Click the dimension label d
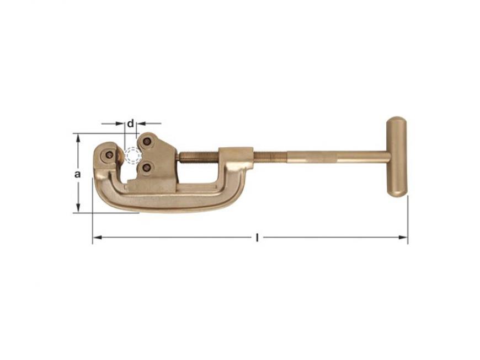coord(131,124)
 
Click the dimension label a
coord(78,174)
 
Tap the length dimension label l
coord(257,238)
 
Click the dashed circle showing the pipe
coord(133,155)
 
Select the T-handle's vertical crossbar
coord(397,157)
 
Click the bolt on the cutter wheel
coord(109,155)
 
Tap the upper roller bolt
coord(147,141)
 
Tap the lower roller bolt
coord(147,167)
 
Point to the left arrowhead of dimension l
coord(97,238)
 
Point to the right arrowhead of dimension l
coord(403,238)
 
